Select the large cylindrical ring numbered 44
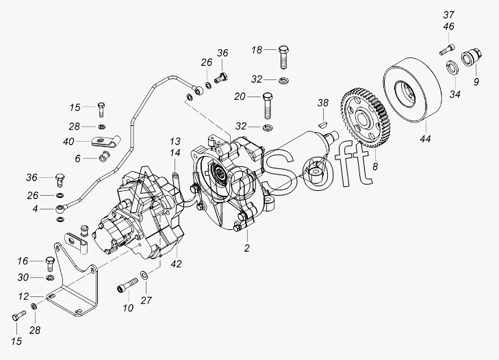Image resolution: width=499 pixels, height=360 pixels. click(413, 90)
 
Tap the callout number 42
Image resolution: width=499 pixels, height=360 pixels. click(176, 264)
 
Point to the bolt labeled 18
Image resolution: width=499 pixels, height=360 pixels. click(284, 57)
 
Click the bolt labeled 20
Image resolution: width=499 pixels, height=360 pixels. click(268, 105)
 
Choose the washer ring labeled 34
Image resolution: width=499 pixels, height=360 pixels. click(452, 68)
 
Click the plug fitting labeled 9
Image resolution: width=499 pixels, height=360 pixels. click(472, 57)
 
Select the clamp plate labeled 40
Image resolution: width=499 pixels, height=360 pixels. click(105, 141)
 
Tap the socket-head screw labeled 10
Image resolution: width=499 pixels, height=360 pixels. click(127, 284)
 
